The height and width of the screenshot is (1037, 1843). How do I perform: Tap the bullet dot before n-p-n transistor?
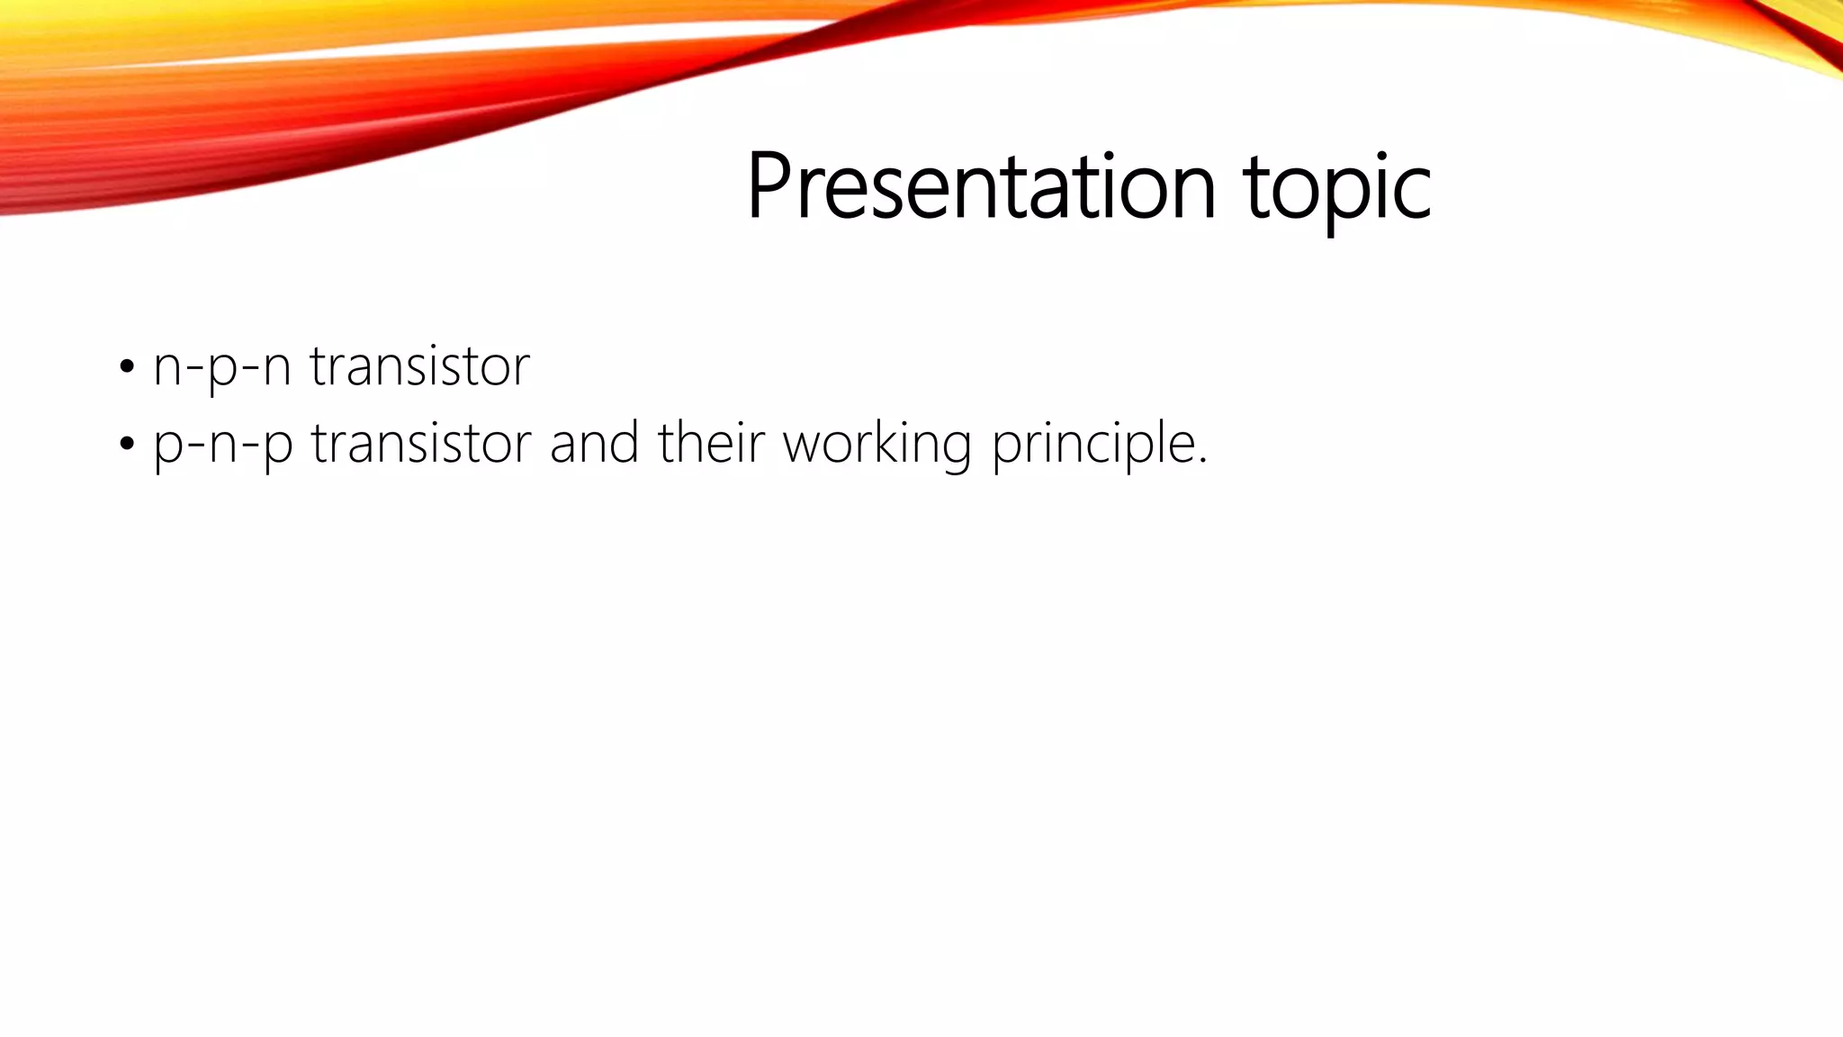tap(127, 367)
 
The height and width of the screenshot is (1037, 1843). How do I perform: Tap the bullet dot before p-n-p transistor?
tap(127, 444)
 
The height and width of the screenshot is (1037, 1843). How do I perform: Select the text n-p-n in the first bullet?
tap(221, 367)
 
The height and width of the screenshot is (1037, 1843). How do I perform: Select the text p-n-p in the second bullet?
tap(222, 444)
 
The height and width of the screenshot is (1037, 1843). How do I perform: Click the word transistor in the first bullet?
tap(419, 366)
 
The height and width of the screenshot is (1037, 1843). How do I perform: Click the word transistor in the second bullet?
tap(421, 443)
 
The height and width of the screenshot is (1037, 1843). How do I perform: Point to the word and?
tap(594, 443)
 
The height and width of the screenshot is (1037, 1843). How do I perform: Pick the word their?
tap(711, 443)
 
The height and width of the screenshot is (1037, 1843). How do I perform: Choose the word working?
tap(877, 444)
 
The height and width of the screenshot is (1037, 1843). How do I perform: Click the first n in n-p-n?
tap(167, 369)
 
